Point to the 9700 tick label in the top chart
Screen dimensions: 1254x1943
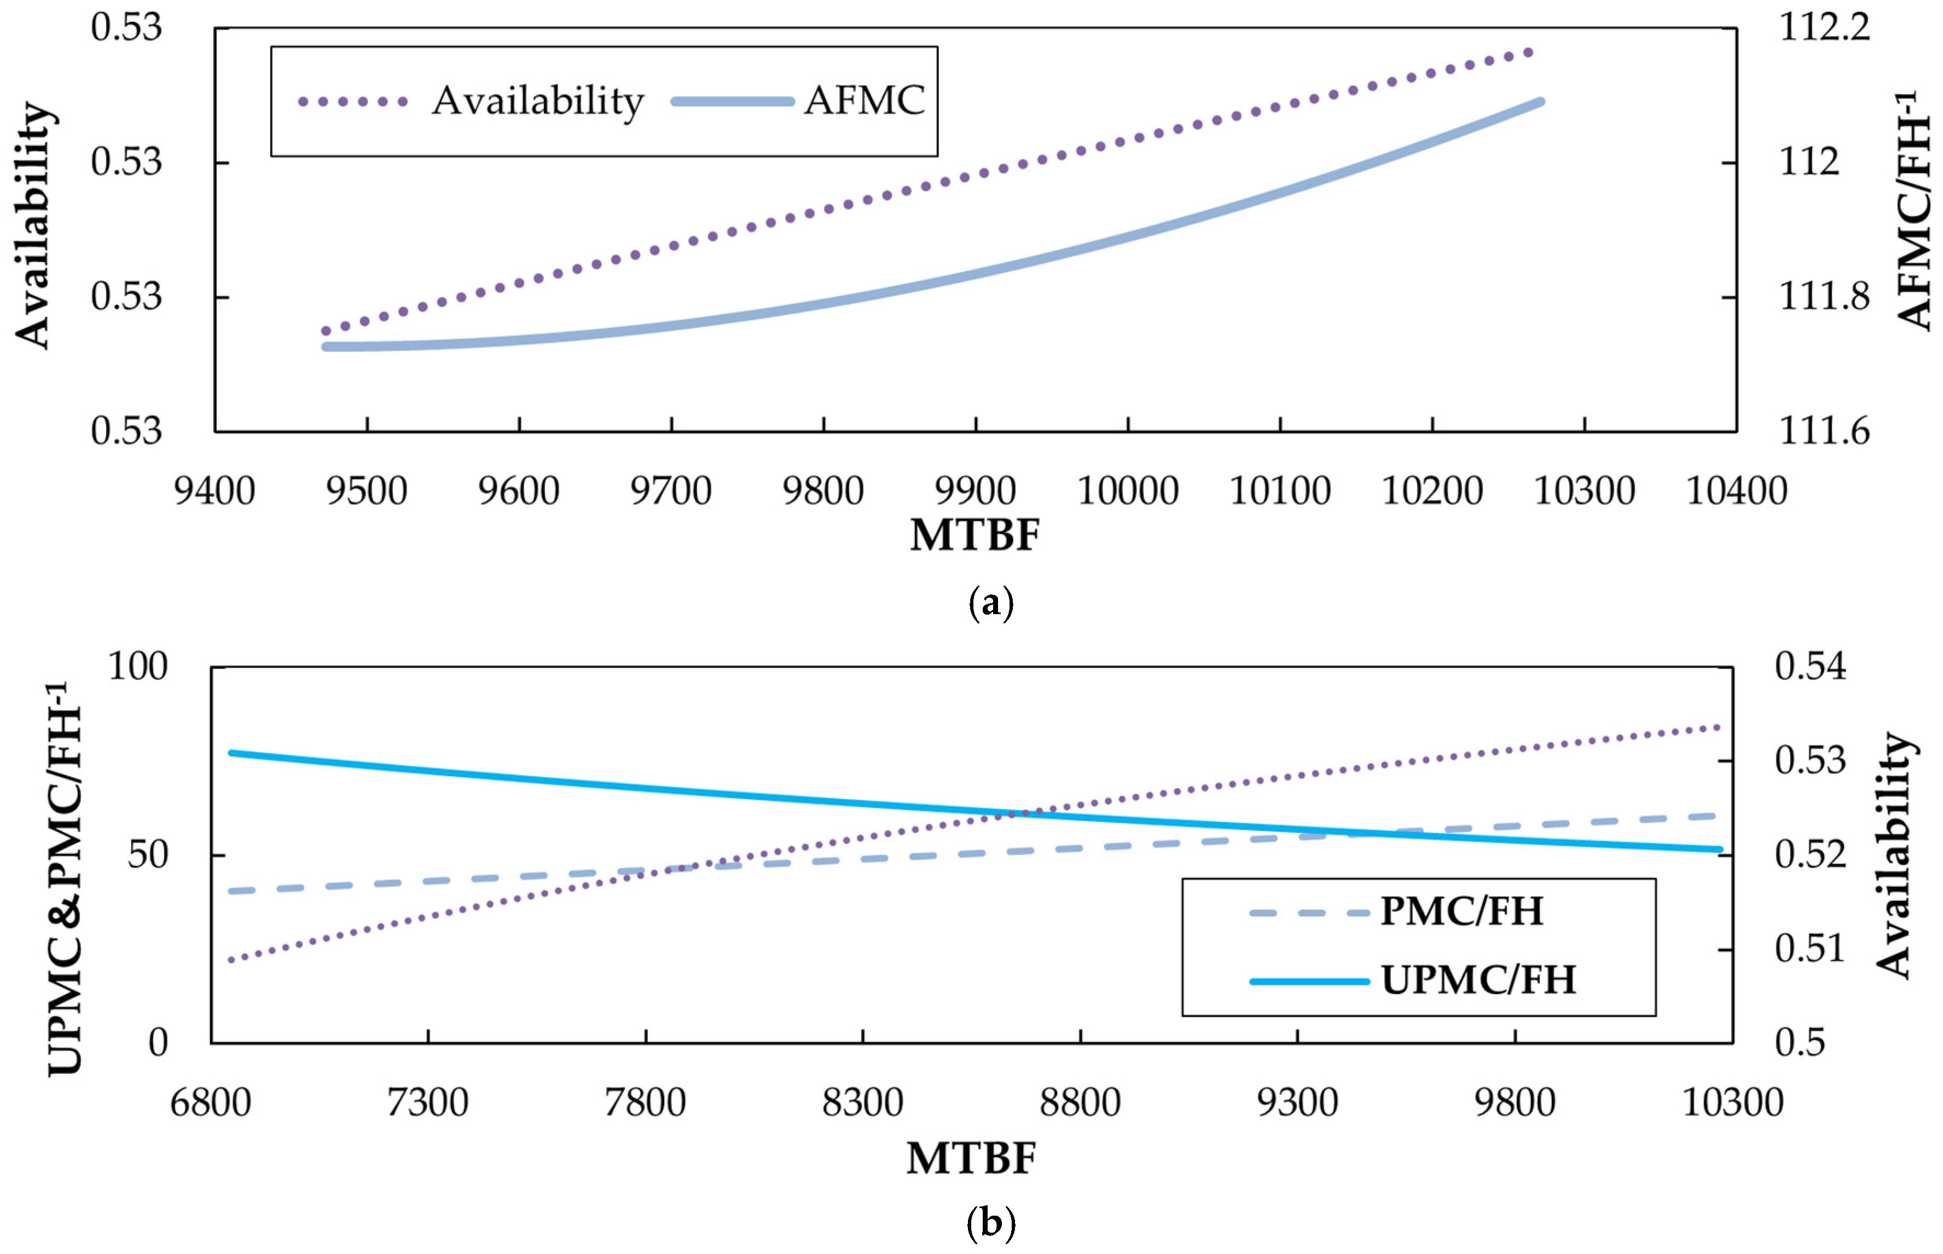pyautogui.click(x=671, y=491)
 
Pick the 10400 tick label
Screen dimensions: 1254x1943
pyautogui.click(x=1736, y=491)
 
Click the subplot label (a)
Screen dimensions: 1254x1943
pyautogui.click(x=990, y=603)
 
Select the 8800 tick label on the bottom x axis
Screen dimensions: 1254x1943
pyautogui.click(x=1080, y=1103)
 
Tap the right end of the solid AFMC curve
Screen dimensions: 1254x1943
pyautogui.click(x=1540, y=102)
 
